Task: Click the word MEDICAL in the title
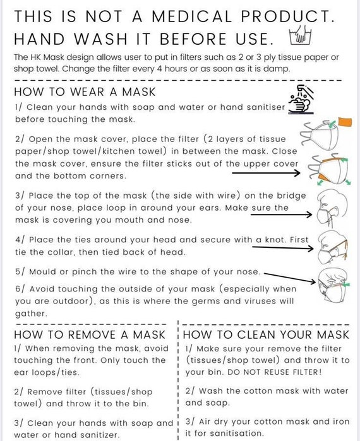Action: point(192,16)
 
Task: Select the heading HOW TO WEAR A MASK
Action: point(85,92)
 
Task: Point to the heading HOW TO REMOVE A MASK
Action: point(90,334)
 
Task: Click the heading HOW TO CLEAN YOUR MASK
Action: point(266,334)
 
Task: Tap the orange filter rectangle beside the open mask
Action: point(345,122)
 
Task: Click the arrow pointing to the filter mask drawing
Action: point(266,173)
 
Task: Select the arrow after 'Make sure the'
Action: point(282,215)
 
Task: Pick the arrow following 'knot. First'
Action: point(283,248)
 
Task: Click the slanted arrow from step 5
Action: point(290,278)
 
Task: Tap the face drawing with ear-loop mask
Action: point(332,208)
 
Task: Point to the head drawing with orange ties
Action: point(332,247)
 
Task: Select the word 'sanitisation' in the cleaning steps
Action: point(236,433)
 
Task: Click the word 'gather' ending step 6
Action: point(31,314)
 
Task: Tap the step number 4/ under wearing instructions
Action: point(21,240)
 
